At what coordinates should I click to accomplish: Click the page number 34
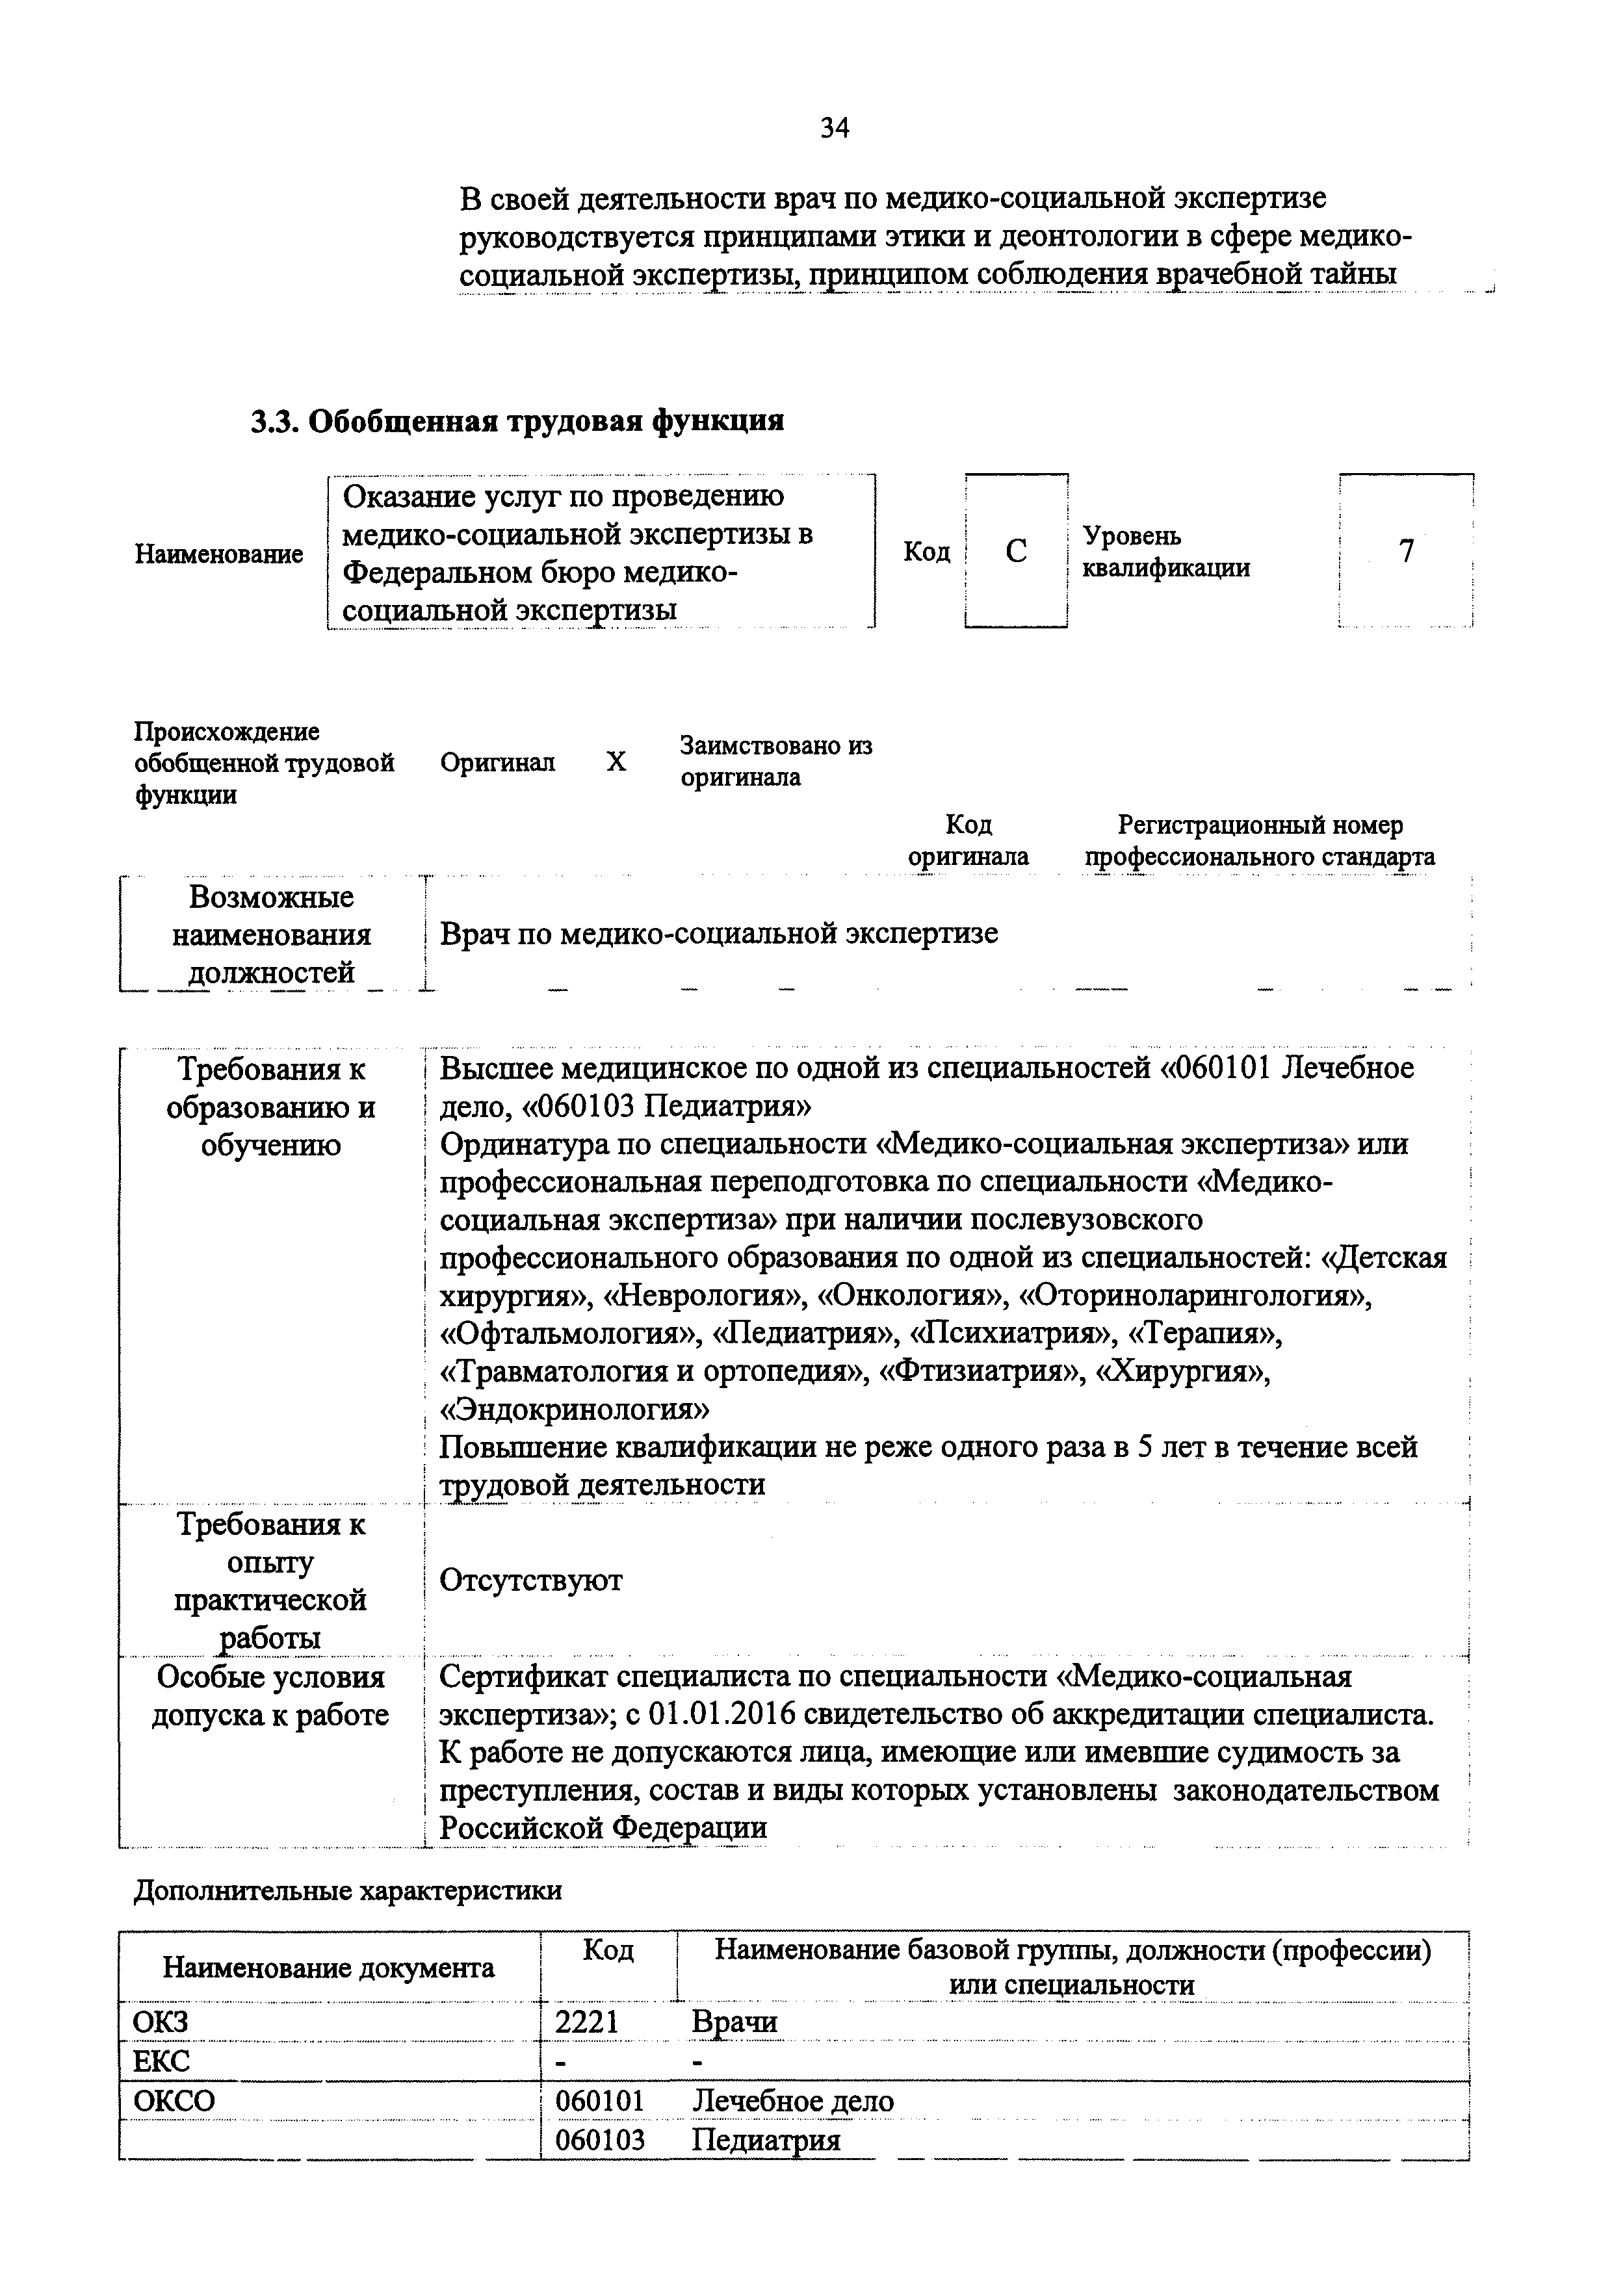pyautogui.click(x=834, y=128)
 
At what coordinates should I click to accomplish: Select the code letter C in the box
pyautogui.click(x=1015, y=551)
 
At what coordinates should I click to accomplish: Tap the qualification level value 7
pyautogui.click(x=1405, y=551)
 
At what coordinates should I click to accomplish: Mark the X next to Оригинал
pyautogui.click(x=616, y=762)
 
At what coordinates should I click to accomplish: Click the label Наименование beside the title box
pyautogui.click(x=219, y=554)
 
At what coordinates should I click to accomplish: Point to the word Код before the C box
pyautogui.click(x=926, y=551)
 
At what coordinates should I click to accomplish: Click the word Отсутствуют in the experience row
pyautogui.click(x=531, y=1579)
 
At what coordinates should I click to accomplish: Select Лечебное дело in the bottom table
pyautogui.click(x=792, y=2102)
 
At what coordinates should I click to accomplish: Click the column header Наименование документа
pyautogui.click(x=328, y=1967)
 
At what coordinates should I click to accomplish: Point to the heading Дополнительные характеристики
pyautogui.click(x=347, y=1890)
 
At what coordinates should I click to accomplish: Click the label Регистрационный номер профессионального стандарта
pyautogui.click(x=1260, y=840)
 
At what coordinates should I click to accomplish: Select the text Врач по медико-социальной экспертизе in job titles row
pyautogui.click(x=719, y=934)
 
